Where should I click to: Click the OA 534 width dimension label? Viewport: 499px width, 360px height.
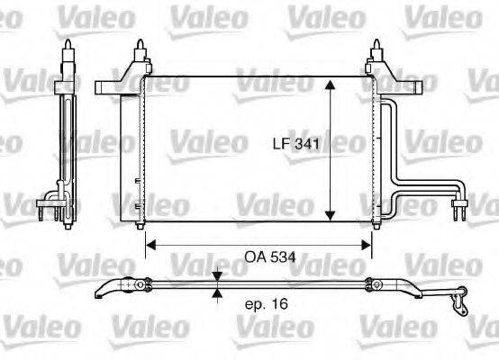tap(271, 257)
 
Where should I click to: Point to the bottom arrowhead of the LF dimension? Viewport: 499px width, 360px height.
tap(329, 219)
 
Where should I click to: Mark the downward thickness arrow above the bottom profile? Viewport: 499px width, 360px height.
tap(216, 277)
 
